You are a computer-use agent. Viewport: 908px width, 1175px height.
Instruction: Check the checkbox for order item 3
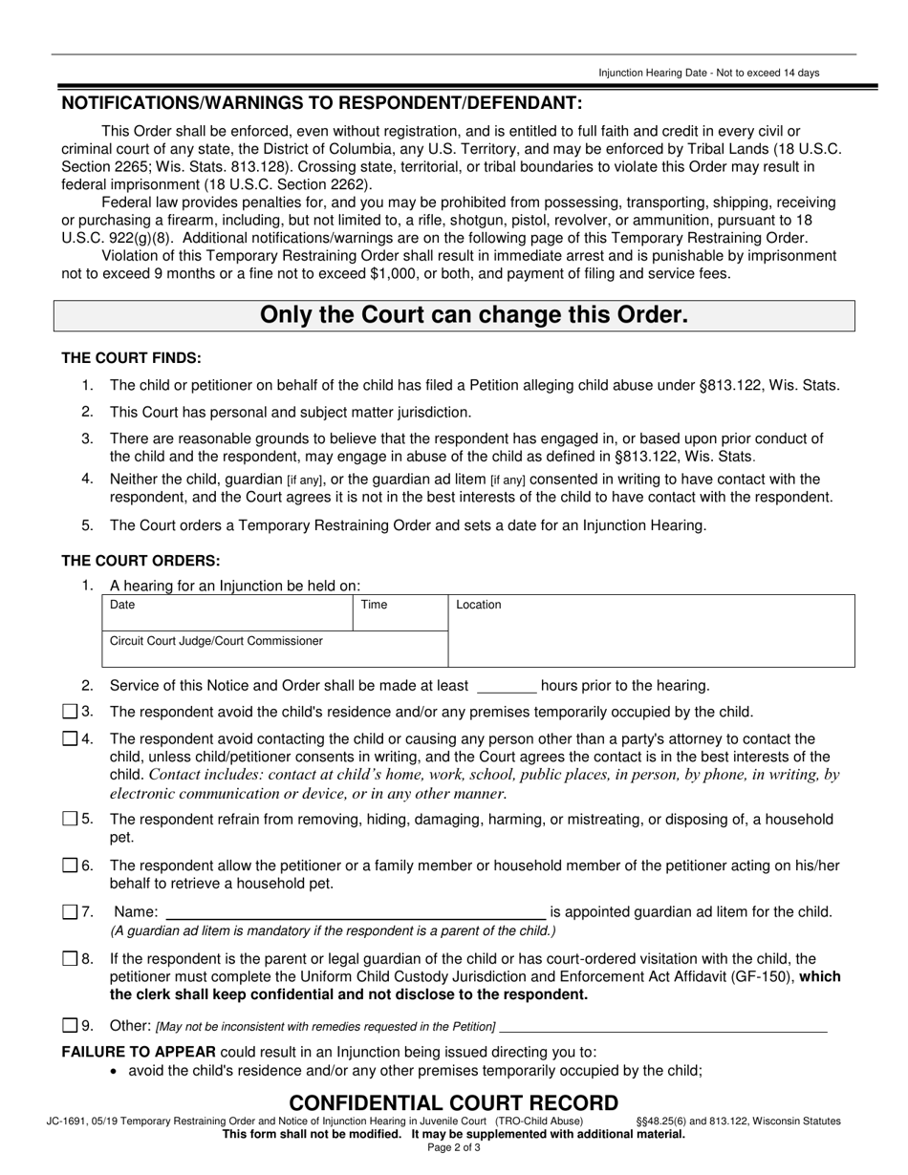[69, 712]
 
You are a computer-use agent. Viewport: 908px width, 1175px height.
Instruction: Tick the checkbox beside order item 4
[69, 738]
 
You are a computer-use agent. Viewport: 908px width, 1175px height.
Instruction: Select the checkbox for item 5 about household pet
[69, 819]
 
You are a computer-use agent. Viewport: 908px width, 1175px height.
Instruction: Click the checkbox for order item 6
[69, 865]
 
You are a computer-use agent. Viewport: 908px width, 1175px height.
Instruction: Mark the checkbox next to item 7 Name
[69, 912]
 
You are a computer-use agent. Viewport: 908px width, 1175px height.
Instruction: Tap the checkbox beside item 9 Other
[69, 1026]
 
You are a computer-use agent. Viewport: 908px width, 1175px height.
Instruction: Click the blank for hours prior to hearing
[506, 686]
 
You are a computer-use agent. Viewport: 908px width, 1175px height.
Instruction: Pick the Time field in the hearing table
[400, 613]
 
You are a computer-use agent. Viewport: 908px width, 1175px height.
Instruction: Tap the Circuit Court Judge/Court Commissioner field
[274, 650]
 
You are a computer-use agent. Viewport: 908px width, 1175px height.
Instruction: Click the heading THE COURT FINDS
[132, 357]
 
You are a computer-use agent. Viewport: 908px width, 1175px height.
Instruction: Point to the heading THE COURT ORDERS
[141, 561]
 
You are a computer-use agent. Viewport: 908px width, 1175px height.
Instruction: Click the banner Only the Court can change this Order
[454, 315]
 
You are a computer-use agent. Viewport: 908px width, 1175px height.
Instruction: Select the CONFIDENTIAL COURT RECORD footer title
[454, 1103]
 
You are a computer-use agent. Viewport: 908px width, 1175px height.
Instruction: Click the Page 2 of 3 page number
[454, 1148]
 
